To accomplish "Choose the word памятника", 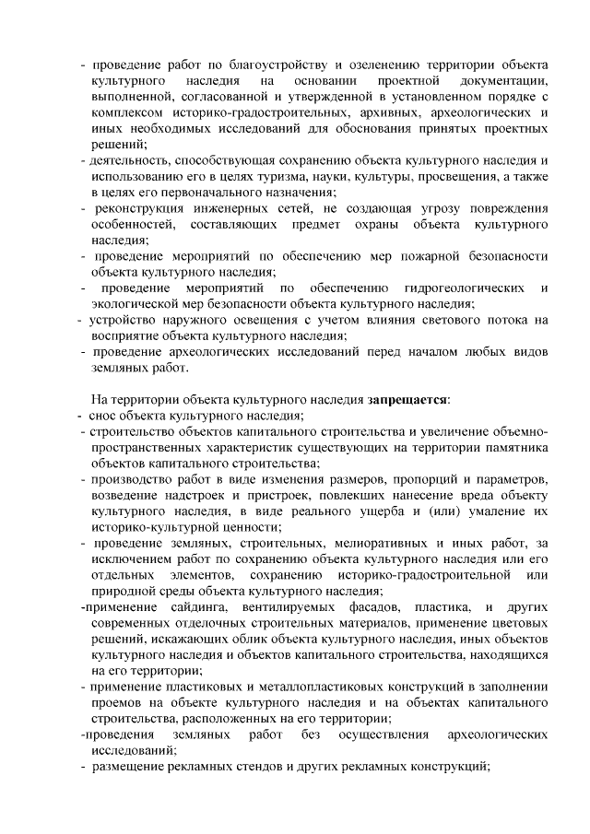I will tap(511, 448).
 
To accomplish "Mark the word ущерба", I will tap(358, 511).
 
